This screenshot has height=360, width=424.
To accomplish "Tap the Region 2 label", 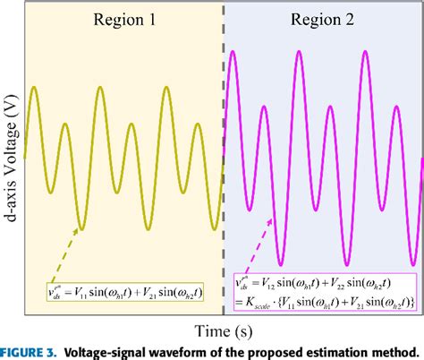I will (x=323, y=21).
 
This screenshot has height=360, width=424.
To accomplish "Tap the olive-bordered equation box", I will (x=126, y=290).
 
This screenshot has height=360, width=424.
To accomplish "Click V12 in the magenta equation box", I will (x=284, y=281).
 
